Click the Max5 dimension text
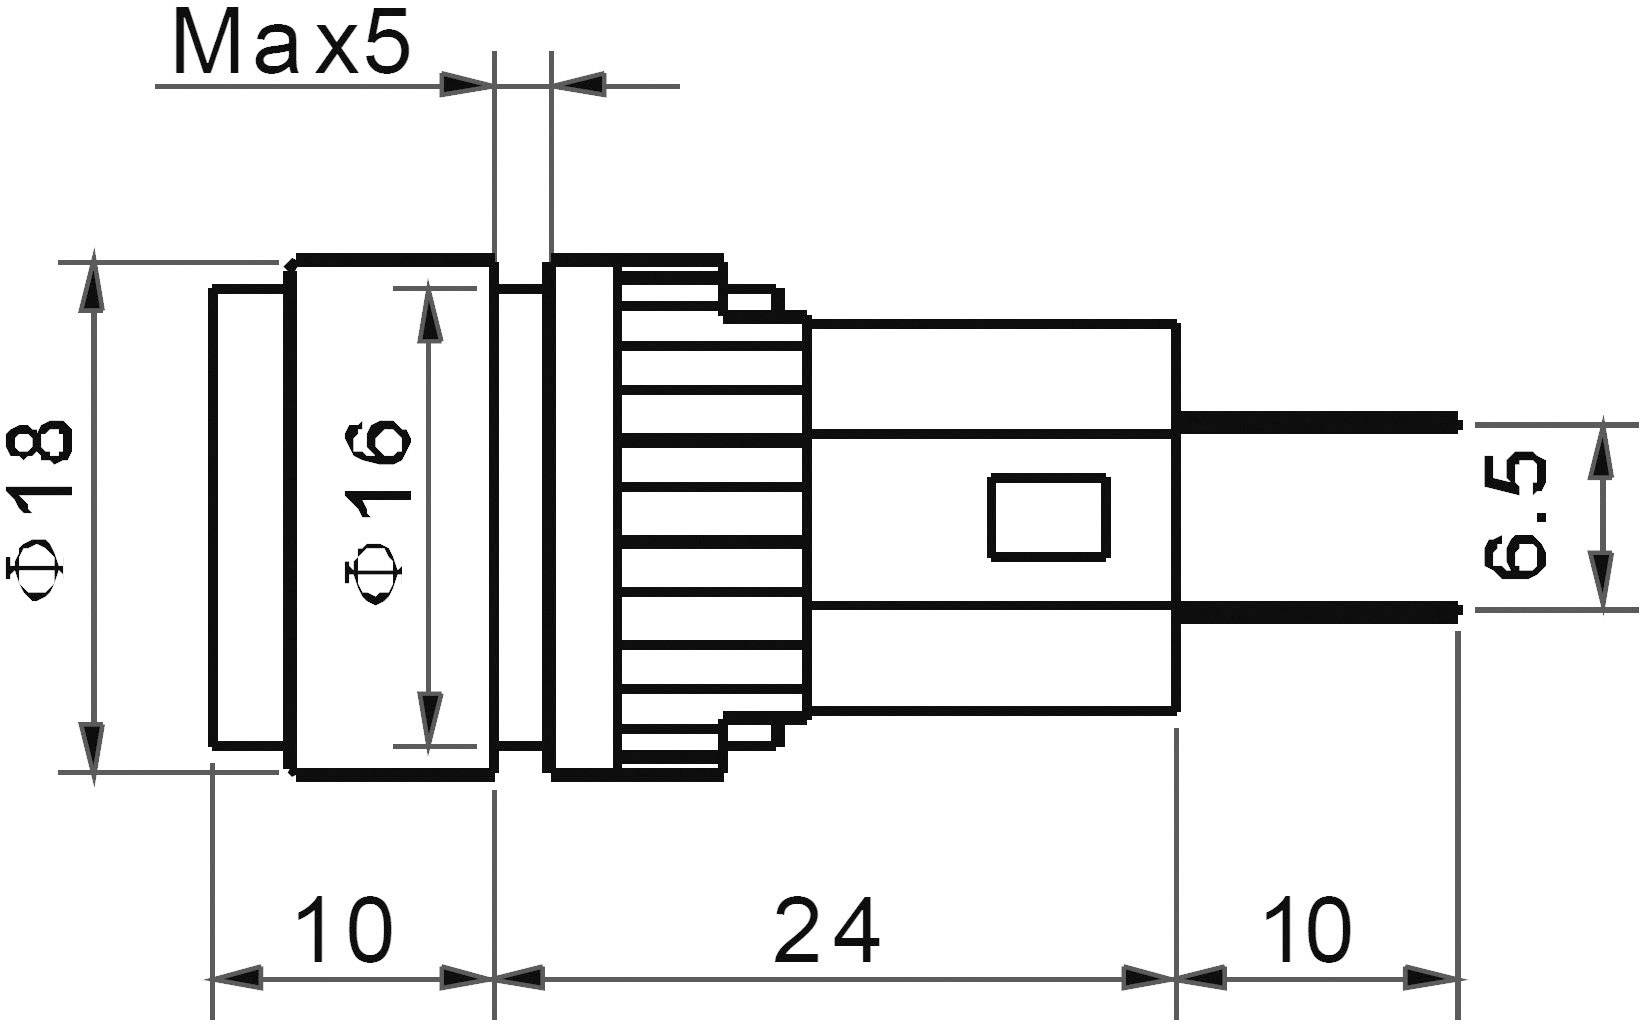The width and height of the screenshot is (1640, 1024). pos(291,45)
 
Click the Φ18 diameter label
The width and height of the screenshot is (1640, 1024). pos(40,510)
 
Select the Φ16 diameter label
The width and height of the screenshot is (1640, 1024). pos(376,510)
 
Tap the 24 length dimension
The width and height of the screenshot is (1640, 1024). pos(827,929)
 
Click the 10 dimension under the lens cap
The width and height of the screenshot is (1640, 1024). pos(346,929)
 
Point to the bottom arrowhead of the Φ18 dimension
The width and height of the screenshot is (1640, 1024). pos(93,750)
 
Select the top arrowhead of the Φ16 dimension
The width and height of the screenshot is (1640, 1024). pos(430,310)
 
